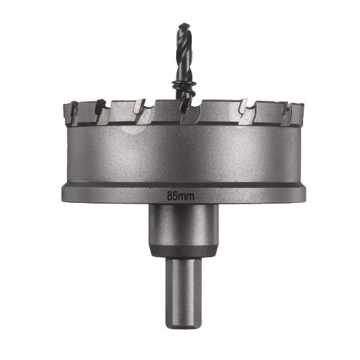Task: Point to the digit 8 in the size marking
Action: [171, 194]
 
